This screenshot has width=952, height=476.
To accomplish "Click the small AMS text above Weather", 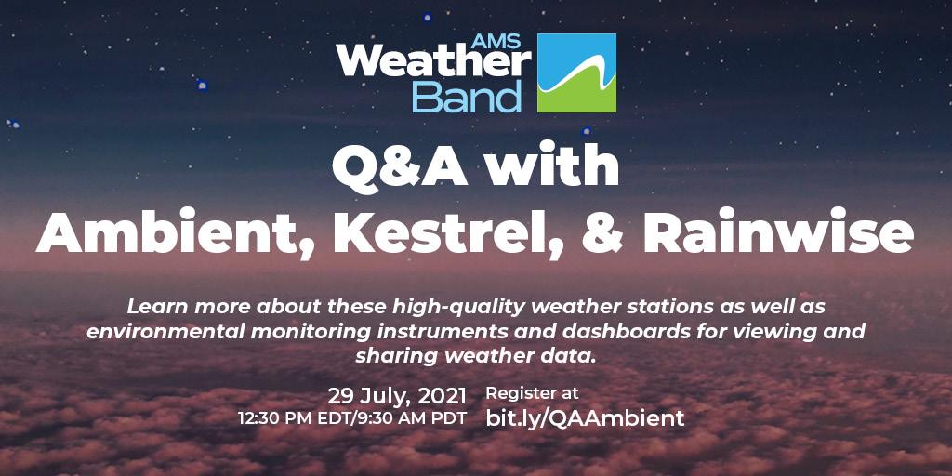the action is click(496, 41).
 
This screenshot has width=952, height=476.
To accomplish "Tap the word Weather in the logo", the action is click(433, 63).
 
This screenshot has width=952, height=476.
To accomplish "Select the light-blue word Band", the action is click(467, 97).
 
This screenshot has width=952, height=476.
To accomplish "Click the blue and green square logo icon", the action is click(576, 73).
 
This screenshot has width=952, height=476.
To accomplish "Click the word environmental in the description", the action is click(165, 332).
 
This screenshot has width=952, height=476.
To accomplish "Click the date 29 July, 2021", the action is click(397, 396).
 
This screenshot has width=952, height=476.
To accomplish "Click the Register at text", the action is click(533, 394).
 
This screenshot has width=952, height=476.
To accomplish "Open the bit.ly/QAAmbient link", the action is click(586, 418).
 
